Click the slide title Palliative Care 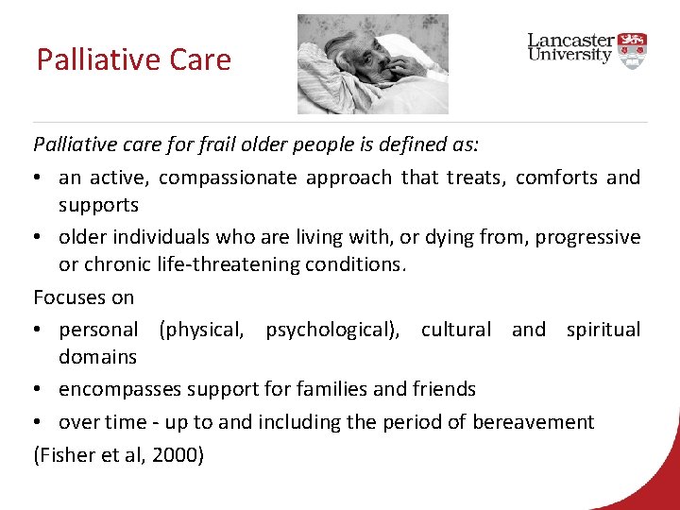pyautogui.click(x=133, y=59)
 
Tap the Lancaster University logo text pyautogui.click(x=570, y=47)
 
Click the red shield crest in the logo pyautogui.click(x=633, y=46)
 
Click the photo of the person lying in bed pyautogui.click(x=372, y=63)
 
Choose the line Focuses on pyautogui.click(x=84, y=297)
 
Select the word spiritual pyautogui.click(x=603, y=330)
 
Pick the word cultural pyautogui.click(x=455, y=330)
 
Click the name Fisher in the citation pyautogui.click(x=65, y=455)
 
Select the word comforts pyautogui.click(x=545, y=178)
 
